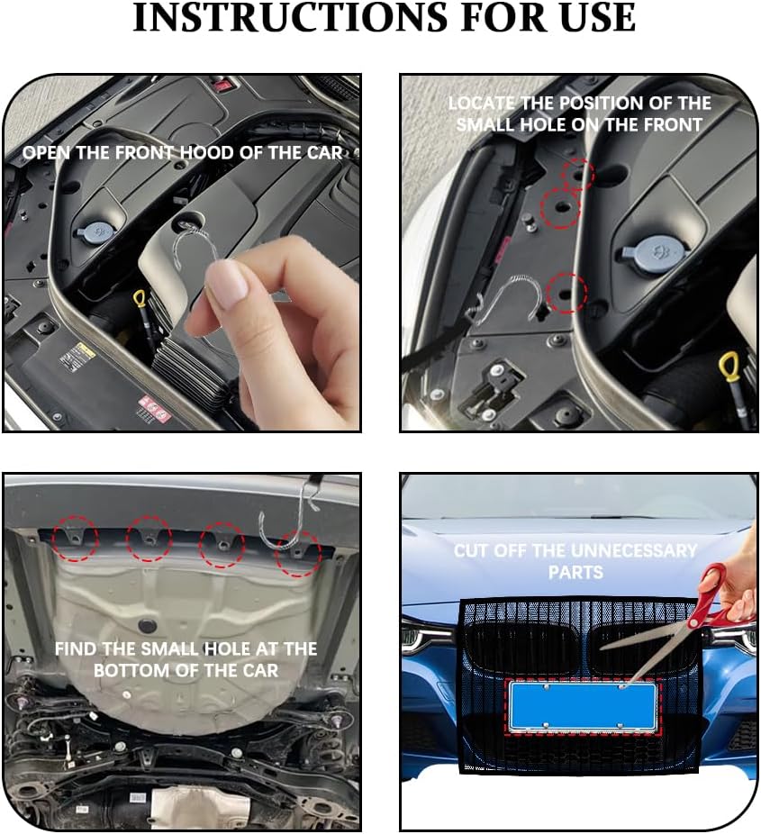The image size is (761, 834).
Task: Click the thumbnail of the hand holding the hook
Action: tap(182, 253)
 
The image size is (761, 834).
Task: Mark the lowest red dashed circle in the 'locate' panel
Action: tap(566, 293)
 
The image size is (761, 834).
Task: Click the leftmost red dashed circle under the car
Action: tap(75, 538)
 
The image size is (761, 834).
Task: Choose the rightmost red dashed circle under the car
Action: tap(298, 553)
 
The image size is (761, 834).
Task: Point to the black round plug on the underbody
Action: tap(147, 625)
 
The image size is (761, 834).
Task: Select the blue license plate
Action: tap(583, 705)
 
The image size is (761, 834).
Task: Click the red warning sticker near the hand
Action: tap(155, 410)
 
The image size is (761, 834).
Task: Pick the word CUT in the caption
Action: tap(472, 550)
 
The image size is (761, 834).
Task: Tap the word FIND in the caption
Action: tap(76, 648)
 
